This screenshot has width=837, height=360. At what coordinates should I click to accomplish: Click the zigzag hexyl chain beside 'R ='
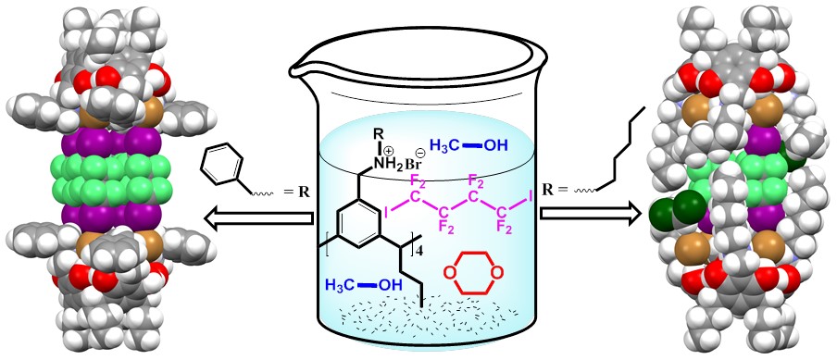pos(621,149)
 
